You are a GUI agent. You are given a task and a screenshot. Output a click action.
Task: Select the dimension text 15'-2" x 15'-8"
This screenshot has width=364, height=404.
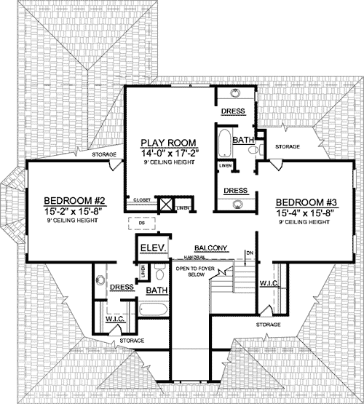(71, 212)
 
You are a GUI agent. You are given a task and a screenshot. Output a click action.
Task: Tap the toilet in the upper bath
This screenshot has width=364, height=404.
(252, 150)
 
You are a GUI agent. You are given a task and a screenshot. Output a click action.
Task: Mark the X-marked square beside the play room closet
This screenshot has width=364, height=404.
(165, 205)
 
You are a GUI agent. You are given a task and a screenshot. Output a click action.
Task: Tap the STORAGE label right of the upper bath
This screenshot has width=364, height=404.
(282, 147)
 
